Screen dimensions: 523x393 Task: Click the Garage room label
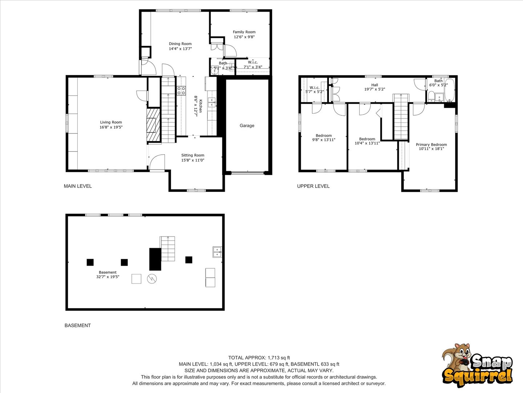[247, 126]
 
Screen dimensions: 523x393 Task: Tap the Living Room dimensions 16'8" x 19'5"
[111, 127]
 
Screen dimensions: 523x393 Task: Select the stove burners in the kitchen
[181, 91]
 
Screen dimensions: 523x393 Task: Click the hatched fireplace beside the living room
[153, 125]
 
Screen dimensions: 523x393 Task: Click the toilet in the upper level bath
[431, 97]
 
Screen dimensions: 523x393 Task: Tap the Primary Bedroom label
[431, 144]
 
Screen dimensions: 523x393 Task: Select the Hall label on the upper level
[374, 85]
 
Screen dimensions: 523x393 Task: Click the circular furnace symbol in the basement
[152, 279]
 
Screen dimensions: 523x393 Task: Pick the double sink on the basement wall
[217, 252]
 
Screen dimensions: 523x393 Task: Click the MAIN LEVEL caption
[78, 186]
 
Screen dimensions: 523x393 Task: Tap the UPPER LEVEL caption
[313, 186]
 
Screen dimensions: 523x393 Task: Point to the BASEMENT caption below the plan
[78, 325]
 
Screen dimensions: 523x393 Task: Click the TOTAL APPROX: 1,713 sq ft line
[259, 358]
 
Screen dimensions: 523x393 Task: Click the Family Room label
[244, 32]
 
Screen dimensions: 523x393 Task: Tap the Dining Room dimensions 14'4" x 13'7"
[181, 49]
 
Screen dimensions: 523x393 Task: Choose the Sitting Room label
[193, 155]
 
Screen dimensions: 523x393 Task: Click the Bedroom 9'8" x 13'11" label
[324, 138]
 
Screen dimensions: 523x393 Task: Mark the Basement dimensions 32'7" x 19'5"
[108, 277]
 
